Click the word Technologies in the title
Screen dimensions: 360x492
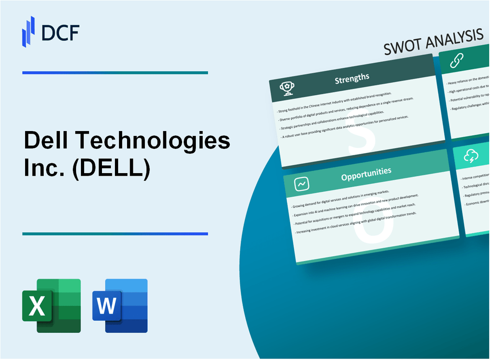(x=155, y=142)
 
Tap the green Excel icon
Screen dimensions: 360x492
(x=51, y=305)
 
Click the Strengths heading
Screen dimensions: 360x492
(x=352, y=79)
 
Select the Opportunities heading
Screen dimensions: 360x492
(x=366, y=172)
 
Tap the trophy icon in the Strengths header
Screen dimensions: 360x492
(x=287, y=89)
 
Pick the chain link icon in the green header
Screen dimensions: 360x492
(x=457, y=60)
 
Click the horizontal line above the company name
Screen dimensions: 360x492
(x=115, y=72)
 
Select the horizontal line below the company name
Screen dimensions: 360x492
(x=115, y=233)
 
